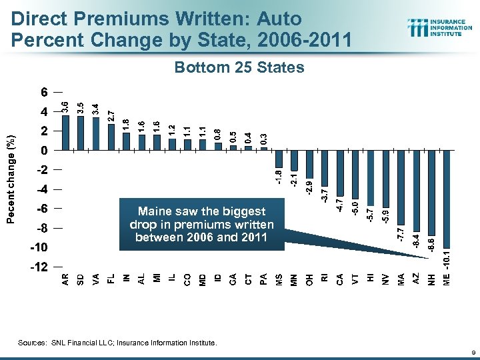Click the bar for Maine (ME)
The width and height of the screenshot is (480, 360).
[x=447, y=199]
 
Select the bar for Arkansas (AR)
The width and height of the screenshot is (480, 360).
[x=65, y=133]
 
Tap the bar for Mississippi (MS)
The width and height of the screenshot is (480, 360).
[x=279, y=159]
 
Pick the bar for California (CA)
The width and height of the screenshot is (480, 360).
[x=339, y=173]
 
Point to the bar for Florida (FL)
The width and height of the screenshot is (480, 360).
[x=111, y=137]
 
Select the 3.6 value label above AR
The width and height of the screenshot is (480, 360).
[x=65, y=106]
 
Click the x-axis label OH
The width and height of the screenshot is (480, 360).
[x=309, y=281]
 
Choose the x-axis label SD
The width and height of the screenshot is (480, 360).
[x=81, y=281]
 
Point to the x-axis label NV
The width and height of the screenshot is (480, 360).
[x=385, y=281]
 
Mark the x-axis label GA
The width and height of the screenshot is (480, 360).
[x=233, y=281]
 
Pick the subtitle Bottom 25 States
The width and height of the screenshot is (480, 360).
[x=239, y=68]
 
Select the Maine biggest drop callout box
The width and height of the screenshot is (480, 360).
[x=202, y=223]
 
